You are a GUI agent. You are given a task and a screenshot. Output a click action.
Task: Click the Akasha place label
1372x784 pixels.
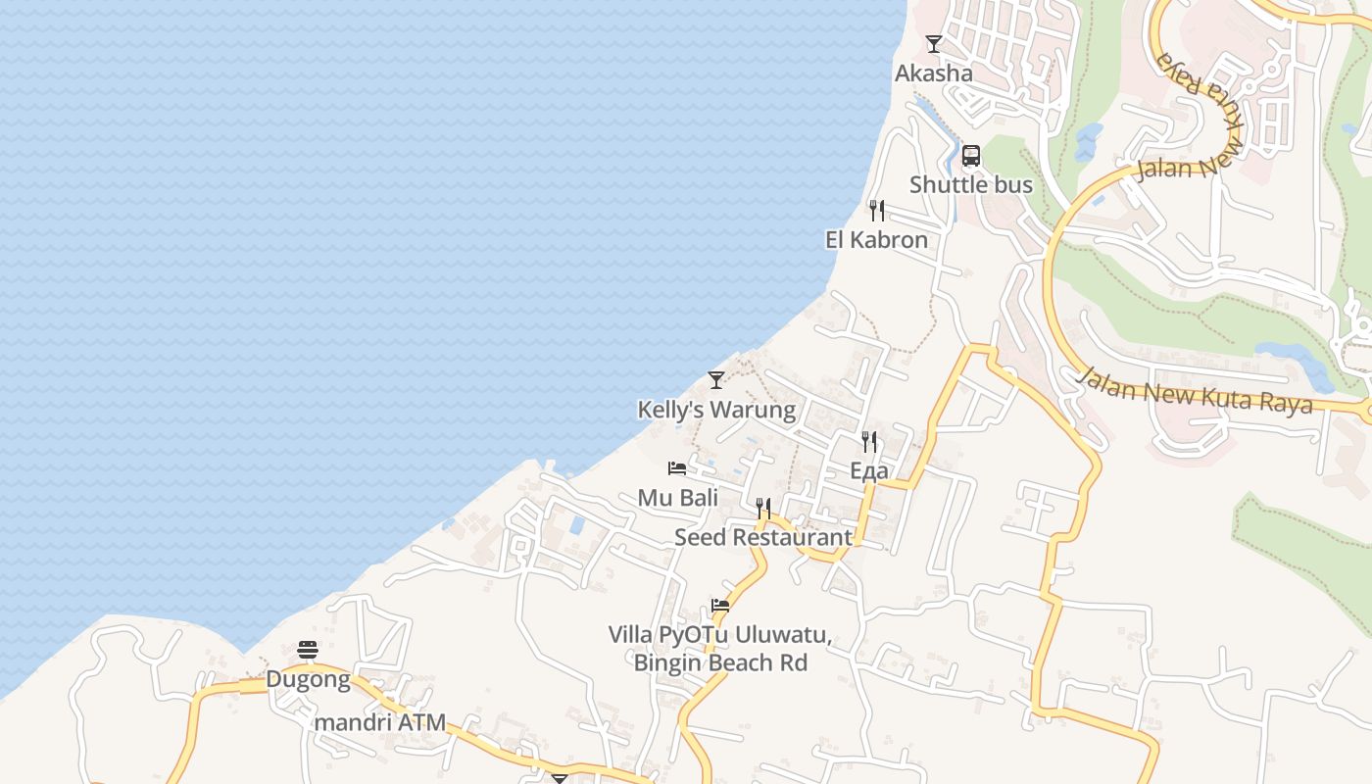click(934, 73)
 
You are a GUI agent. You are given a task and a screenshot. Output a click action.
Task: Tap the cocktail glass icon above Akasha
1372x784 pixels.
click(934, 44)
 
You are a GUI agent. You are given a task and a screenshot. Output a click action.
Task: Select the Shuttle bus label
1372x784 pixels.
click(971, 184)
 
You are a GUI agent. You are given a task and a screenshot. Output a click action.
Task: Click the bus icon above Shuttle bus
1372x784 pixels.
click(971, 155)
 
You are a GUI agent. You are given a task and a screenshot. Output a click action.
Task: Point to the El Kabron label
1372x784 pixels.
click(876, 240)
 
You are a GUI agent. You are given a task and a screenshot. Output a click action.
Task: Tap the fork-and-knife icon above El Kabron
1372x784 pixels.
click(877, 211)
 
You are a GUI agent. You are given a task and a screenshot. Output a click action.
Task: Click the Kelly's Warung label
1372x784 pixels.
click(716, 410)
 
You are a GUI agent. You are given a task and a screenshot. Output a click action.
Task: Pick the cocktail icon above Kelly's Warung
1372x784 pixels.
click(716, 380)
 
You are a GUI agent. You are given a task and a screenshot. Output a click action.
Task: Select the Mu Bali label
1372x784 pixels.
click(678, 498)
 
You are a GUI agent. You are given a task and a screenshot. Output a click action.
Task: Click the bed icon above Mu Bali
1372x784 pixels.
click(677, 468)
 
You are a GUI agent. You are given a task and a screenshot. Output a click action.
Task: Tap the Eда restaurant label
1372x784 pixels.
click(869, 471)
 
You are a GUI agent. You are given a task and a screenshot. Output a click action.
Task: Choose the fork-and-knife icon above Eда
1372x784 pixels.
click(869, 442)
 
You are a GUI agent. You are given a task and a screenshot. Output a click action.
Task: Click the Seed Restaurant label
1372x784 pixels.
click(763, 538)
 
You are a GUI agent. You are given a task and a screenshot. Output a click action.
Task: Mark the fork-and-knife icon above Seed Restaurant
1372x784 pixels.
click(763, 509)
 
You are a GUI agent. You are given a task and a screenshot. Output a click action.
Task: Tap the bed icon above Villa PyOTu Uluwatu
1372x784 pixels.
click(720, 606)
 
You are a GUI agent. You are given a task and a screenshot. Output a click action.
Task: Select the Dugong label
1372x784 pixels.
click(308, 679)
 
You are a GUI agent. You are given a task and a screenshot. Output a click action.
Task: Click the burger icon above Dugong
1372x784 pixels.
click(308, 650)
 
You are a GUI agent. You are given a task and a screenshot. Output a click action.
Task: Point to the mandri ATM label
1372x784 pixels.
click(380, 723)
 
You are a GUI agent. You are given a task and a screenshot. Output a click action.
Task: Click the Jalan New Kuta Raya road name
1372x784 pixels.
click(1195, 391)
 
